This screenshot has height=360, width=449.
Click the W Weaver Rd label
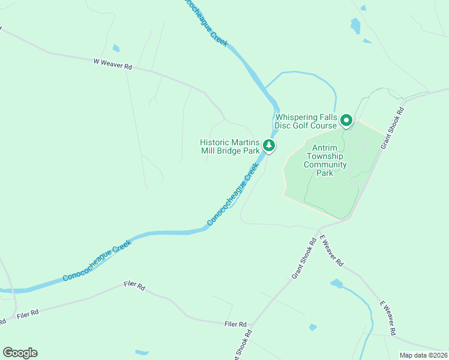(x=112, y=63)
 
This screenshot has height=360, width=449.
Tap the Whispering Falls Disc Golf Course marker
(x=346, y=121)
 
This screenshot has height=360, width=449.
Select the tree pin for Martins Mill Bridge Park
(x=270, y=146)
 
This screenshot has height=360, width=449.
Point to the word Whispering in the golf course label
(x=299, y=118)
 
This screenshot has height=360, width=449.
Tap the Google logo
(x=20, y=353)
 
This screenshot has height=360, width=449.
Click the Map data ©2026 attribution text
(x=423, y=355)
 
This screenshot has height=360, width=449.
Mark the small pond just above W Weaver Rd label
(x=116, y=48)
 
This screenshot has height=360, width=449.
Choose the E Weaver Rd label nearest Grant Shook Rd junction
(x=331, y=251)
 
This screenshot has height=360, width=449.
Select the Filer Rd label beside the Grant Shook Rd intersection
(x=236, y=325)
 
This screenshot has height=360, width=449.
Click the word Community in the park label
(x=325, y=164)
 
